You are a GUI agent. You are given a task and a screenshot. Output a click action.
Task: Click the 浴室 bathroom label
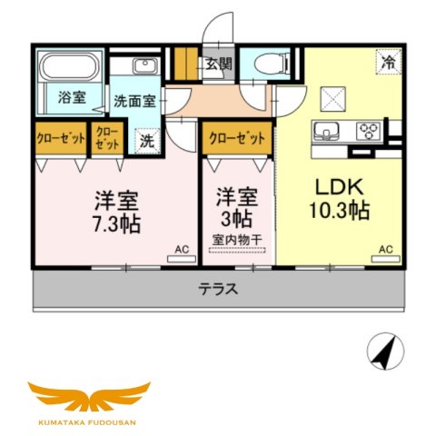pos(72,96)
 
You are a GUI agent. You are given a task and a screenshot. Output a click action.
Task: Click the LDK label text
pos(340,187)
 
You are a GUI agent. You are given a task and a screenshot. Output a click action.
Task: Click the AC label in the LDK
pos(385,249)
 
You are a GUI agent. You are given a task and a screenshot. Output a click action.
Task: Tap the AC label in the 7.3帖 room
pos(182,248)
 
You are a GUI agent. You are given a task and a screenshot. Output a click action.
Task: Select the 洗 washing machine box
pos(145,142)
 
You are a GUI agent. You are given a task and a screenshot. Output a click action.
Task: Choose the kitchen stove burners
pos(369,130)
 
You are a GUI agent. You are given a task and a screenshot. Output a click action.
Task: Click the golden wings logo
pos(88,397)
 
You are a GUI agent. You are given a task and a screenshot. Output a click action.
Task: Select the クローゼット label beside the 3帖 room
pos(236,138)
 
